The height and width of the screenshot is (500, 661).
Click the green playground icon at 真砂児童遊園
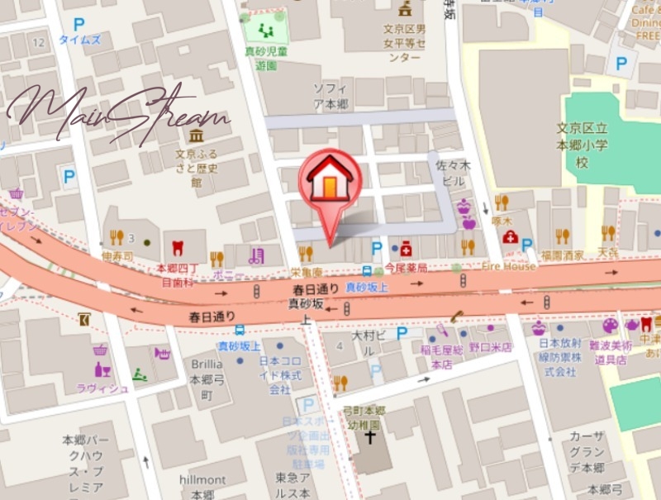tap(265, 31)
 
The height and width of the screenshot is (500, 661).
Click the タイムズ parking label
tap(79, 40)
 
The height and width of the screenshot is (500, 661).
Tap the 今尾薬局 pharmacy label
tap(406, 269)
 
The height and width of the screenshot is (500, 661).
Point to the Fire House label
tap(509, 267)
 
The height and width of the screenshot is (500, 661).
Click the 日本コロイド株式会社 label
tap(280, 375)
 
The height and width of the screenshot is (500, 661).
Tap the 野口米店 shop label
tap(491, 348)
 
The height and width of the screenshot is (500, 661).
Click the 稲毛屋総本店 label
tap(442, 356)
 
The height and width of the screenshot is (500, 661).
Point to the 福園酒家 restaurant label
tap(563, 255)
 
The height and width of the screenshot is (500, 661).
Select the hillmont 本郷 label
tap(202, 487)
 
